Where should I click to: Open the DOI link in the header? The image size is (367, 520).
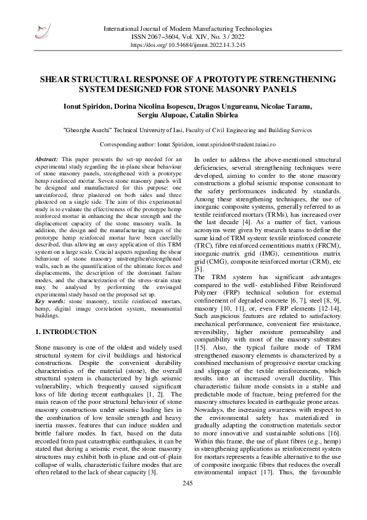click(201, 45)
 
